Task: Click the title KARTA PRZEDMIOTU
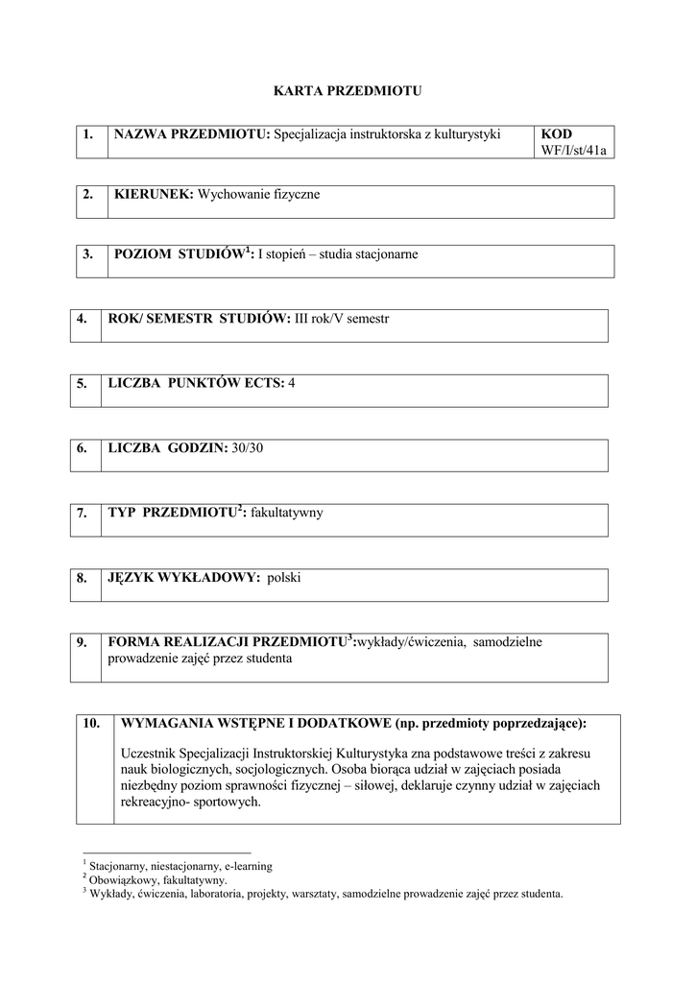click(x=348, y=91)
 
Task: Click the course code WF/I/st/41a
click(x=575, y=151)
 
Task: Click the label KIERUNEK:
click(x=154, y=195)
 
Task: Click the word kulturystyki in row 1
click(x=467, y=134)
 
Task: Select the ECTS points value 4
click(x=292, y=383)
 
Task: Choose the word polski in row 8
click(x=284, y=578)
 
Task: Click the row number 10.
click(x=92, y=724)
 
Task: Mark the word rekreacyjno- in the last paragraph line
click(x=157, y=803)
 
